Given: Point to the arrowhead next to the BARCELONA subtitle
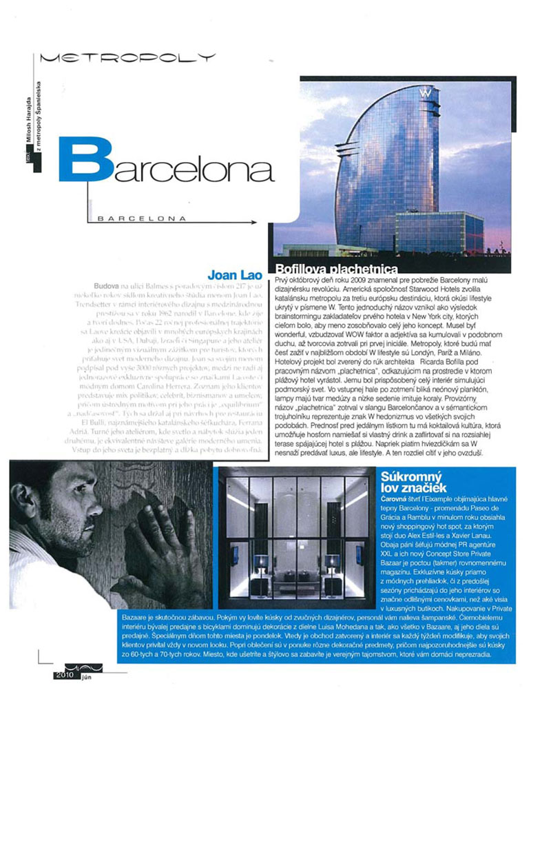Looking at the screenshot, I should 251,223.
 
